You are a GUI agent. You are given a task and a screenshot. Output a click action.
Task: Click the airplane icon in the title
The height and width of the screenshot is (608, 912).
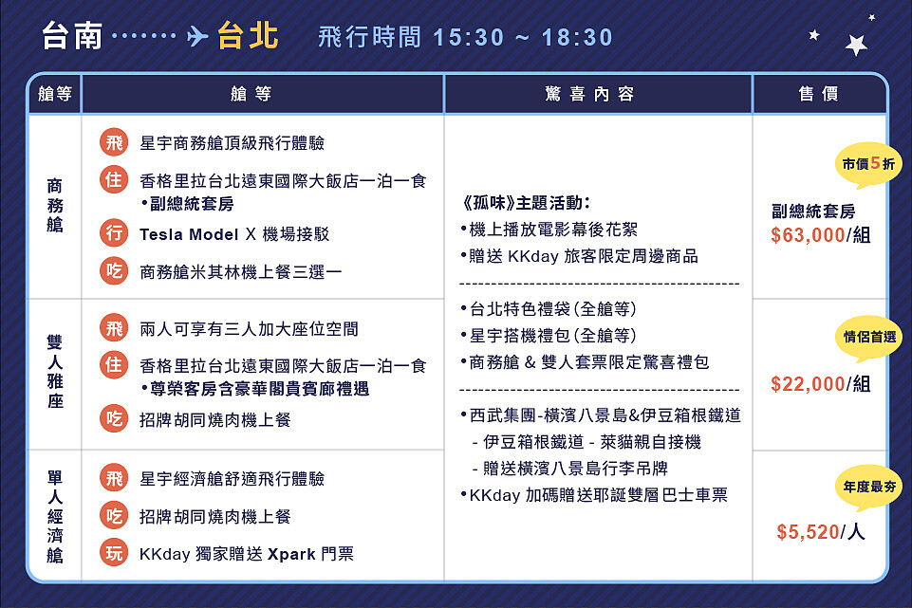[x=197, y=37]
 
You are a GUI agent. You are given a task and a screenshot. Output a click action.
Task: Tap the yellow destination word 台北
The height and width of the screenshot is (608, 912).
[x=248, y=36]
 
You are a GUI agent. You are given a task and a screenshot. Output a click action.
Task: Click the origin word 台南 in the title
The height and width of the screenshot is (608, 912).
[x=73, y=36]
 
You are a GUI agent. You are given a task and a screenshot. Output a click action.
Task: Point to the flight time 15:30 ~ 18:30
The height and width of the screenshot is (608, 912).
[x=523, y=37]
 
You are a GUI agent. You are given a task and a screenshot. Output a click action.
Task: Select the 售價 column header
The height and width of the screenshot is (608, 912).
[x=818, y=94]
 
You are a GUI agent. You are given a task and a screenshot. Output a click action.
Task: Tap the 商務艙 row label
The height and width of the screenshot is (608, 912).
[x=55, y=206]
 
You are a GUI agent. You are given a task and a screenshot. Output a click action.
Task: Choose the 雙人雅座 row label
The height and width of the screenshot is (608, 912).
[x=55, y=374]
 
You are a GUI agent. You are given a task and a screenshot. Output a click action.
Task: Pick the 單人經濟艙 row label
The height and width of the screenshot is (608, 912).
[x=55, y=515]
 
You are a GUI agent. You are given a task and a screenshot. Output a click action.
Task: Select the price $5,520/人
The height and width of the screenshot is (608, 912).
[x=820, y=532]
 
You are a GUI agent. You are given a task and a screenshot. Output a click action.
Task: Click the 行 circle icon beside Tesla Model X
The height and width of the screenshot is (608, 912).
[x=114, y=233]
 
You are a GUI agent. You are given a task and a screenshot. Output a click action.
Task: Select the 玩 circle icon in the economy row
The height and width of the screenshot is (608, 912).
[x=114, y=553]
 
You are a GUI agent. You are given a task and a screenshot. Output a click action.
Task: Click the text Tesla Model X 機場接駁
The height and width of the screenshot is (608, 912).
[x=234, y=234]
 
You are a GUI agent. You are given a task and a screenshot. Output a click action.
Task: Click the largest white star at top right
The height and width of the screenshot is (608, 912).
[x=857, y=45]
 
